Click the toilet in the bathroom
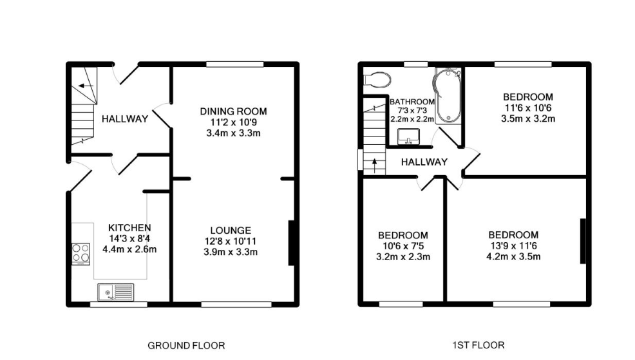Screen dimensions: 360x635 [377, 79]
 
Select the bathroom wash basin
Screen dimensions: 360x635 [407, 137]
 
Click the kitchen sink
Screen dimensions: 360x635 [115, 292]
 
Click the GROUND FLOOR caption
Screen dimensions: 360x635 [186, 346]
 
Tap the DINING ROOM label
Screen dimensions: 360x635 [232, 111]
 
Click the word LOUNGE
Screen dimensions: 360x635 [230, 230]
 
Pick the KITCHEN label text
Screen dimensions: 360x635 [129, 228]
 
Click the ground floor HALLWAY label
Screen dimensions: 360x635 [125, 118]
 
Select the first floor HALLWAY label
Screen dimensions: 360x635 [424, 162]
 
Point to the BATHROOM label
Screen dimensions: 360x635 [412, 102]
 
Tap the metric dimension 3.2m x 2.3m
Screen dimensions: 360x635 [403, 256]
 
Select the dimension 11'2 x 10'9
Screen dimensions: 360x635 [232, 122]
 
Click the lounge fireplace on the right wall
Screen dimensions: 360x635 [291, 243]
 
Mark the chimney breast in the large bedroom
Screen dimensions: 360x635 [583, 241]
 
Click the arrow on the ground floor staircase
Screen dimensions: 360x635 [84, 86]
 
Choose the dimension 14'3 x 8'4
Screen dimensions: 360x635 [129, 239]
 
